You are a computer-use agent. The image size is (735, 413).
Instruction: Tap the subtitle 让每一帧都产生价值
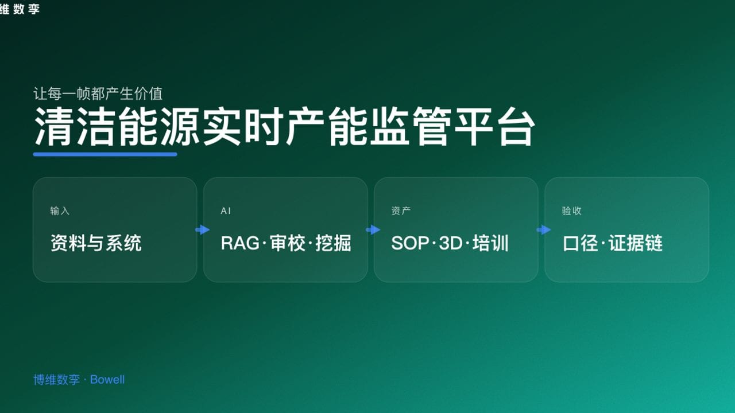pos(98,93)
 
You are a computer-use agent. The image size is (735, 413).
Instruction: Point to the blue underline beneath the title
pos(105,154)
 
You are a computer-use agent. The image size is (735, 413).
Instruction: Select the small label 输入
pos(60,211)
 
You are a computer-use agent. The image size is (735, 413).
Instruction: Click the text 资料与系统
pos(96,243)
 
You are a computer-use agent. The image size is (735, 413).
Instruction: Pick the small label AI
pos(226,211)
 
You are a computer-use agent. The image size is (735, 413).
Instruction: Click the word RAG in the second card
pos(239,243)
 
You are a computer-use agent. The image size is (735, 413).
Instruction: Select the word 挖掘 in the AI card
pos(333,243)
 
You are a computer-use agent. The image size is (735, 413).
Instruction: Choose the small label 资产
pos(401,211)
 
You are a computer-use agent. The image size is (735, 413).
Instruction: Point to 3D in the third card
pos(451,243)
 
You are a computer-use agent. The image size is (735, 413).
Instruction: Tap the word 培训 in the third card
pos(491,243)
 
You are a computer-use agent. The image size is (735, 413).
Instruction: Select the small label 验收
pos(571,211)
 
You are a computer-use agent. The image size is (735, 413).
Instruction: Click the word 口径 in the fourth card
pos(580,243)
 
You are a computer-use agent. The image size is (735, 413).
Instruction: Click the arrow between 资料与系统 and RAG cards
pos(202,230)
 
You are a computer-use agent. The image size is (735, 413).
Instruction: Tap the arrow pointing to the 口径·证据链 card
pos(543,230)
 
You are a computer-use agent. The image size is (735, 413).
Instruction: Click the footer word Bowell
pos(107,380)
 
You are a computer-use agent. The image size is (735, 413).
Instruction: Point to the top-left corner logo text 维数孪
pos(20,9)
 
